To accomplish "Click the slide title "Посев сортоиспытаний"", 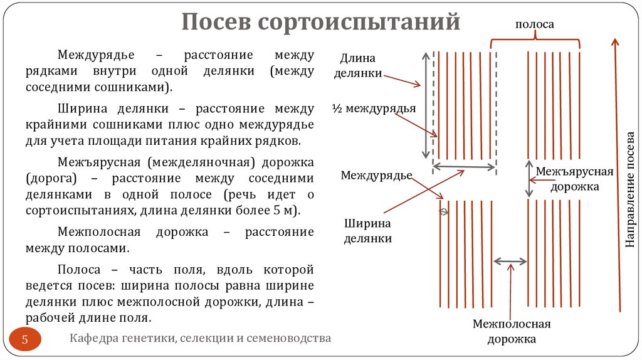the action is click(x=321, y=23).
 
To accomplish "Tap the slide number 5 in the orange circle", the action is click(x=26, y=341).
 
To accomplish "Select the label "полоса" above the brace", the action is click(x=534, y=24).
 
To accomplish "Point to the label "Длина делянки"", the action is click(x=357, y=66).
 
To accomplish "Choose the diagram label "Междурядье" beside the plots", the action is click(x=376, y=175).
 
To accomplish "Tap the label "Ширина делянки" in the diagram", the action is click(x=367, y=231).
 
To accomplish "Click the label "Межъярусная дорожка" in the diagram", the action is click(x=575, y=179).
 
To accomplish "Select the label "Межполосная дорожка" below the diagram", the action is click(x=512, y=331).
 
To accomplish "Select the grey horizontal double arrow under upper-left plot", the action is click(x=465, y=167).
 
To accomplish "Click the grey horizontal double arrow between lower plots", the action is click(x=510, y=261).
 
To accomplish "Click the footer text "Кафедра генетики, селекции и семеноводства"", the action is click(x=200, y=339).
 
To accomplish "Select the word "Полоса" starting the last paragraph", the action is click(x=78, y=270).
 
